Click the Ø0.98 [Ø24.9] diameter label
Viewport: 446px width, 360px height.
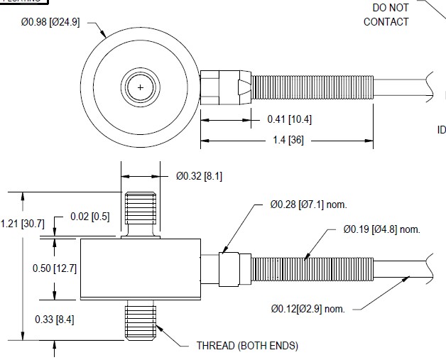(x=50, y=23)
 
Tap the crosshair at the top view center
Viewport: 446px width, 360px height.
(x=141, y=87)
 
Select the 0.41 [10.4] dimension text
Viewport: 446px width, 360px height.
(x=289, y=119)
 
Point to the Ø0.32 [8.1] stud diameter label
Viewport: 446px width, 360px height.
(x=198, y=176)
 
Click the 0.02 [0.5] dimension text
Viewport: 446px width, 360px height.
(x=89, y=217)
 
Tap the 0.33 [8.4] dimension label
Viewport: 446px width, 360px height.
(x=55, y=320)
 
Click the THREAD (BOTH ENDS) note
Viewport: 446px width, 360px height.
(x=247, y=346)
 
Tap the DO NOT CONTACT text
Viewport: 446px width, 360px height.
(x=386, y=14)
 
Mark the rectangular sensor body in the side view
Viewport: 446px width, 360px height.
(x=139, y=268)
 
